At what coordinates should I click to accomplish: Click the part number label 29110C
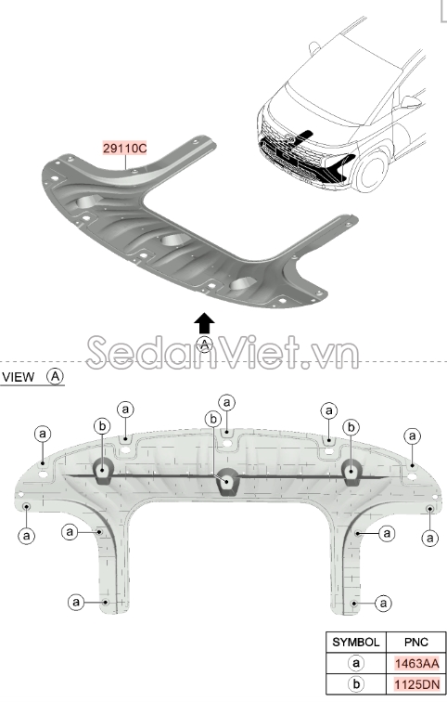124,148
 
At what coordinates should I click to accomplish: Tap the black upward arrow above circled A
204,323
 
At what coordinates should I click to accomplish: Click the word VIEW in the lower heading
18,377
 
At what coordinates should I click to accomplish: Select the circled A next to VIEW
56,376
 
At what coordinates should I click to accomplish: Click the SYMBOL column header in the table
356,643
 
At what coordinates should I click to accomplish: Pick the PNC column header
415,643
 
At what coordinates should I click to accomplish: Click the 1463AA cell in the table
416,664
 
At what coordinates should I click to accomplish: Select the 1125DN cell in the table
416,684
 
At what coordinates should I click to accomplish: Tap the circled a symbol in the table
356,663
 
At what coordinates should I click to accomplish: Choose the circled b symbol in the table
356,684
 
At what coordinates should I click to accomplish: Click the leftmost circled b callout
102,426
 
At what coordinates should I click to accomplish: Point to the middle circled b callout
213,420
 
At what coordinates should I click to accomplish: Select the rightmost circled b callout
351,427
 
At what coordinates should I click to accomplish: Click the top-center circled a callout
227,402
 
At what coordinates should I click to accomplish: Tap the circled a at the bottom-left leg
76,602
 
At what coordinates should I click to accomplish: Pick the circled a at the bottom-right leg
384,603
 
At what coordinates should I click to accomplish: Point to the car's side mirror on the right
411,102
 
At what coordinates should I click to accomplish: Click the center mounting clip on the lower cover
227,482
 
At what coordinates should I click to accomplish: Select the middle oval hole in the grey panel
175,240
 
